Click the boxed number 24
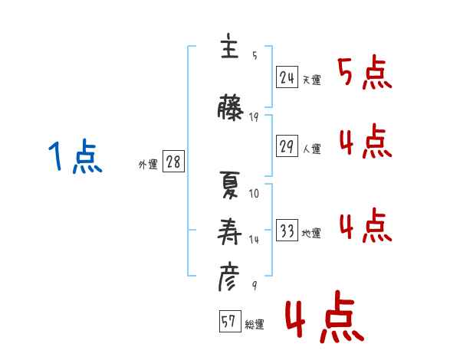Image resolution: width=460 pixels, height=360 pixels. pyautogui.click(x=287, y=77)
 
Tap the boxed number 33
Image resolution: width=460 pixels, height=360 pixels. pyautogui.click(x=287, y=231)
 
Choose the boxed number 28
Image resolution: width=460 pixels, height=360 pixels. pyautogui.click(x=172, y=162)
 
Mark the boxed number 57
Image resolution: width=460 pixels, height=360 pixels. pyautogui.click(x=229, y=322)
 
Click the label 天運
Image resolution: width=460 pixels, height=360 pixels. pyautogui.click(x=312, y=80)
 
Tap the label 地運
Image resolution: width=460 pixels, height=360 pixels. pyautogui.click(x=312, y=234)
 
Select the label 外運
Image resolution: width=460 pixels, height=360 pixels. pyautogui.click(x=148, y=165)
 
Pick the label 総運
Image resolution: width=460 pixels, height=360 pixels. pyautogui.click(x=255, y=325)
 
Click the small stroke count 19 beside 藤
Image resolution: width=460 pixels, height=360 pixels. pyautogui.click(x=255, y=117)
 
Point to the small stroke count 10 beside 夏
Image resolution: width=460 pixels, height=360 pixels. pyautogui.click(x=255, y=193)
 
